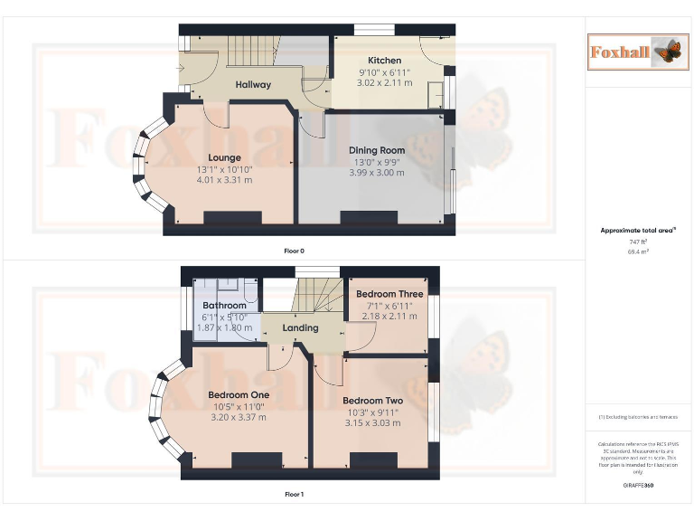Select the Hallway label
tap(253, 85)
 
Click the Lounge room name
tap(224, 157)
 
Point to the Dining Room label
tap(377, 150)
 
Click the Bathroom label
tap(224, 306)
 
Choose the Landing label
tap(300, 327)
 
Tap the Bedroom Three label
tap(389, 294)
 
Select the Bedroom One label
tap(239, 395)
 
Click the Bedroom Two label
tap(372, 400)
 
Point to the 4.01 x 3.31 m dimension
tap(225, 180)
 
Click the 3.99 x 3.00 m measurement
tap(377, 173)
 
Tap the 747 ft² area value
tap(638, 242)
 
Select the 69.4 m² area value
tap(638, 251)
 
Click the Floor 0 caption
tap(294, 251)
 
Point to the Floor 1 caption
tap(294, 495)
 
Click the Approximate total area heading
tap(638, 231)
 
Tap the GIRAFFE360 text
tap(638, 487)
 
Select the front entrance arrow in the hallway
tap(183, 69)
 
